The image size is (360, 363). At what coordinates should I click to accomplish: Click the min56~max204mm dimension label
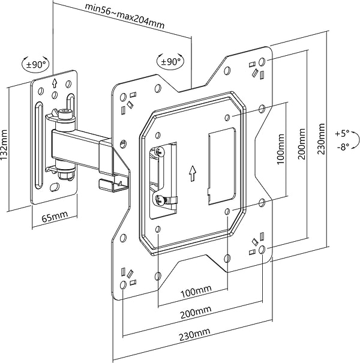[x=125, y=16]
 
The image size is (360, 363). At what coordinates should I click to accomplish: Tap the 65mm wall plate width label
[x=55, y=217]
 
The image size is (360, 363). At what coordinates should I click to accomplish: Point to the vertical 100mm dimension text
[x=280, y=149]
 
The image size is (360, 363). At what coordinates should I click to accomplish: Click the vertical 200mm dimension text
[x=301, y=144]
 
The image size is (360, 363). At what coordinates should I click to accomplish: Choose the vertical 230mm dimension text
[x=322, y=139]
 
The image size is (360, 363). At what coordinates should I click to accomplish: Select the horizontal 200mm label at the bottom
[x=196, y=313]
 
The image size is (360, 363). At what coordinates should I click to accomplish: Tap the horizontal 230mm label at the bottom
[x=195, y=335]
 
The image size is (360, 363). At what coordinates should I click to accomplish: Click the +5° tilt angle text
[x=342, y=134]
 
